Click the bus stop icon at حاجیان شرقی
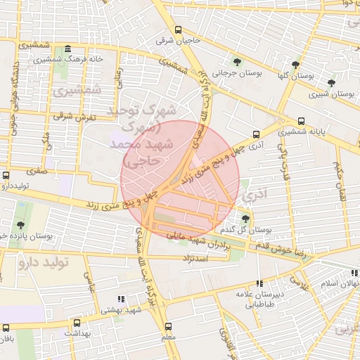(178, 30)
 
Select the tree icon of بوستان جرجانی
(237, 61)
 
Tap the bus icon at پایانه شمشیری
(302, 120)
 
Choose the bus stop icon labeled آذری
(256, 133)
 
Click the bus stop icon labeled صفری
(6, 175)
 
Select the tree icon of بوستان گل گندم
(245, 219)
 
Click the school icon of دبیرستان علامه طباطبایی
(259, 283)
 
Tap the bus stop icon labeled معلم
(168, 326)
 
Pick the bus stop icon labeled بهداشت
(76, 323)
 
